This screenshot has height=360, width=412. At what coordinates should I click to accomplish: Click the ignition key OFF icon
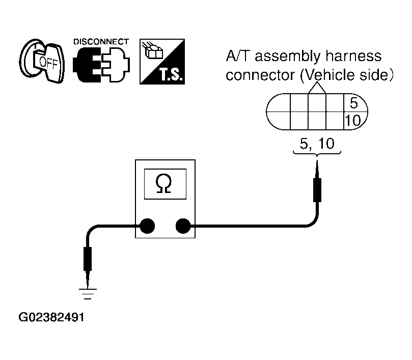(x=42, y=62)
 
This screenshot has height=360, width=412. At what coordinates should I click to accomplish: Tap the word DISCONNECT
(x=101, y=42)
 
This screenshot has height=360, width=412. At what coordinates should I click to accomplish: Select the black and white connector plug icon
(x=101, y=65)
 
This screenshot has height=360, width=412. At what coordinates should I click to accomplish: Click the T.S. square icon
(x=162, y=62)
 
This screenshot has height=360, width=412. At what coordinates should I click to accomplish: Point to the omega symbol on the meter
(x=163, y=184)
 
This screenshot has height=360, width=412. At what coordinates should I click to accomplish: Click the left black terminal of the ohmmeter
(x=147, y=226)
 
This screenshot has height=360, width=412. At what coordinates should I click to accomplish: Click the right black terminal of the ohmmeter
(x=183, y=226)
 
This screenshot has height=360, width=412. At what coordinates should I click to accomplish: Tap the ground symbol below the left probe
(x=88, y=294)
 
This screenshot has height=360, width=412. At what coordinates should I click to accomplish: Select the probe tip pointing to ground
(x=88, y=280)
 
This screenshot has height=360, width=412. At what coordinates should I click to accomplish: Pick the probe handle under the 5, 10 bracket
(x=317, y=190)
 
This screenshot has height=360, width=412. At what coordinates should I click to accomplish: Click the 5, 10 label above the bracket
(x=317, y=144)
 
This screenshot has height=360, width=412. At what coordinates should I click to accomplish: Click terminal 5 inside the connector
(x=353, y=103)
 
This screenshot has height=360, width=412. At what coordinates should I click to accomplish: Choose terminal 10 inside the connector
(x=352, y=121)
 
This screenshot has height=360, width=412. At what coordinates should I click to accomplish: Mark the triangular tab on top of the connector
(x=317, y=88)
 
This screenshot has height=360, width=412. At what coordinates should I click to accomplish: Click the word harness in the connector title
(x=353, y=56)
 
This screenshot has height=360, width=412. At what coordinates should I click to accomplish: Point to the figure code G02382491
(x=51, y=317)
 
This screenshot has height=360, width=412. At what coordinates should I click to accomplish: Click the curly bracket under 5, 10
(x=317, y=153)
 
